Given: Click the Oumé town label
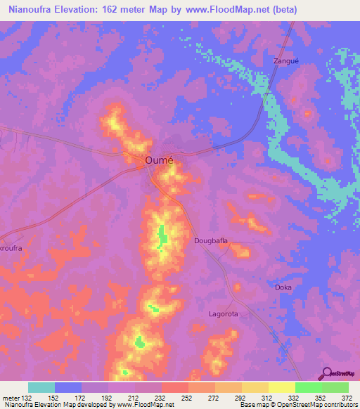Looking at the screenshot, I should (x=159, y=160).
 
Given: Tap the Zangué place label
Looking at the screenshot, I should (x=285, y=62).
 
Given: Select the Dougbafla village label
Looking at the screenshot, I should (x=211, y=241).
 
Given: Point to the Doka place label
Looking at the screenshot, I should (x=283, y=287).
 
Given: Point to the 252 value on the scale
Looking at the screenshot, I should (x=188, y=397).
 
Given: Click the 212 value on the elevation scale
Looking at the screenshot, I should (x=134, y=397).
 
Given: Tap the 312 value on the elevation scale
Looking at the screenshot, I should (x=268, y=397).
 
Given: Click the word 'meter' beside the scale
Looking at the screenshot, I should (x=10, y=397).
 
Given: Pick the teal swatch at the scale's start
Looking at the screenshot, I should (x=41, y=387).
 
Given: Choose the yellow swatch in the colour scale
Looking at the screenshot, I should (x=281, y=387).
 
